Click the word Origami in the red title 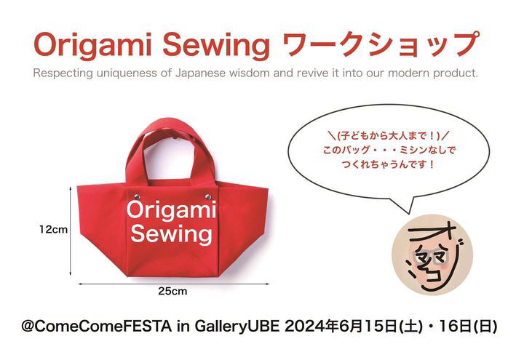[x=92, y=45]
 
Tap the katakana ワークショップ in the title [x=381, y=44]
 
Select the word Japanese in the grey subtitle [x=200, y=73]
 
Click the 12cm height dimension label [x=53, y=230]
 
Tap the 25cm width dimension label [x=172, y=291]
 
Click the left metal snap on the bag [x=137, y=196]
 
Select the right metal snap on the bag [x=208, y=196]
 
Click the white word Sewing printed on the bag [x=172, y=234]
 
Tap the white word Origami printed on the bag [x=171, y=211]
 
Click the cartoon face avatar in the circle [x=432, y=255]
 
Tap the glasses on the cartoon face [x=432, y=257]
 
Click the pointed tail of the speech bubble [x=408, y=213]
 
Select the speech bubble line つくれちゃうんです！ [x=389, y=164]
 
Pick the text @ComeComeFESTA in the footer [x=96, y=326]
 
